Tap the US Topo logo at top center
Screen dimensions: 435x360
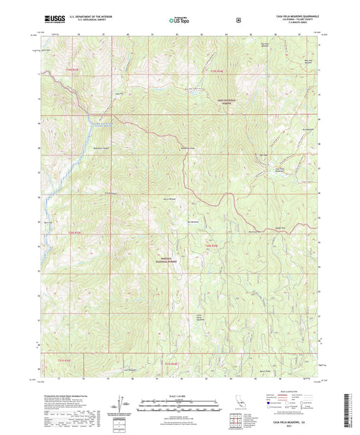coord(179,20)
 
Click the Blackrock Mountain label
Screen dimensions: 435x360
coord(255,231)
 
